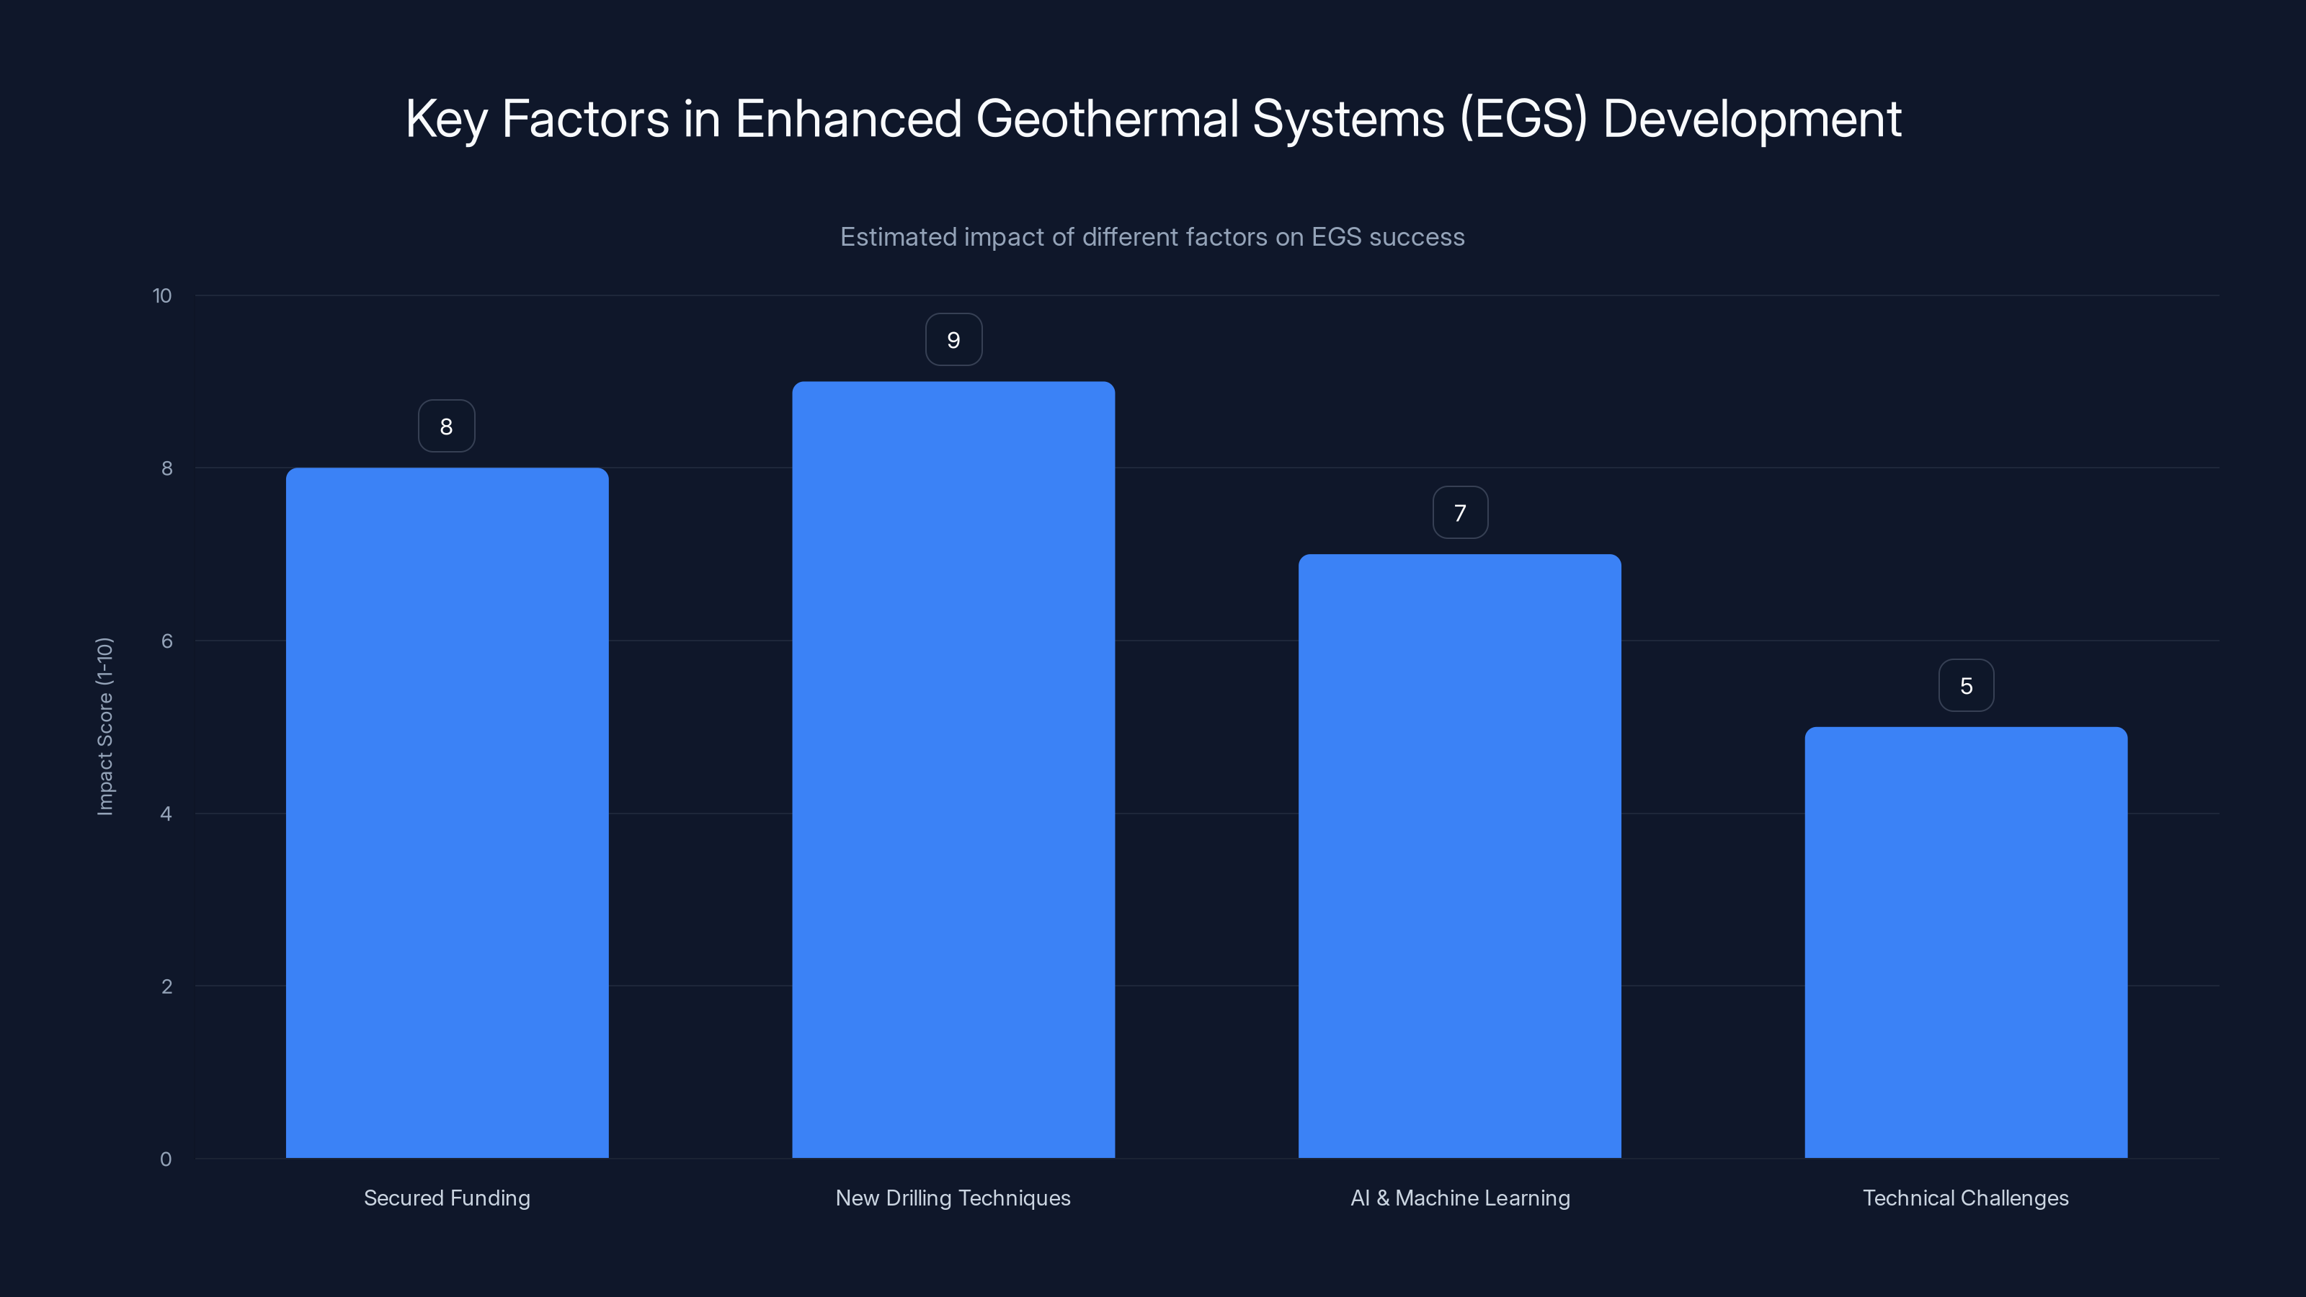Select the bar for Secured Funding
(447, 813)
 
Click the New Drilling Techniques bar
(953, 770)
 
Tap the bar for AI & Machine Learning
(1459, 856)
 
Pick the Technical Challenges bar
(1966, 942)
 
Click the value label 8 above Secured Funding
(447, 426)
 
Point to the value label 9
(953, 340)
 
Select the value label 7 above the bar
(1460, 513)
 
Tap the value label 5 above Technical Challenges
(1966, 686)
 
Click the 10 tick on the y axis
(162, 295)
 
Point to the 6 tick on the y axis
(166, 641)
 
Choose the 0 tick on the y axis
(166, 1159)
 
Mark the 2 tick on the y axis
(166, 986)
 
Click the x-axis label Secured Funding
(447, 1198)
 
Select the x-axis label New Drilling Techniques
(953, 1198)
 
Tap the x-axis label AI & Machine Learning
(1460, 1198)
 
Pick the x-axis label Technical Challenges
(1966, 1198)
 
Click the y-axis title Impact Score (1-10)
(104, 726)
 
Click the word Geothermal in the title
(1106, 119)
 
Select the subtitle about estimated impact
(1152, 237)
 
